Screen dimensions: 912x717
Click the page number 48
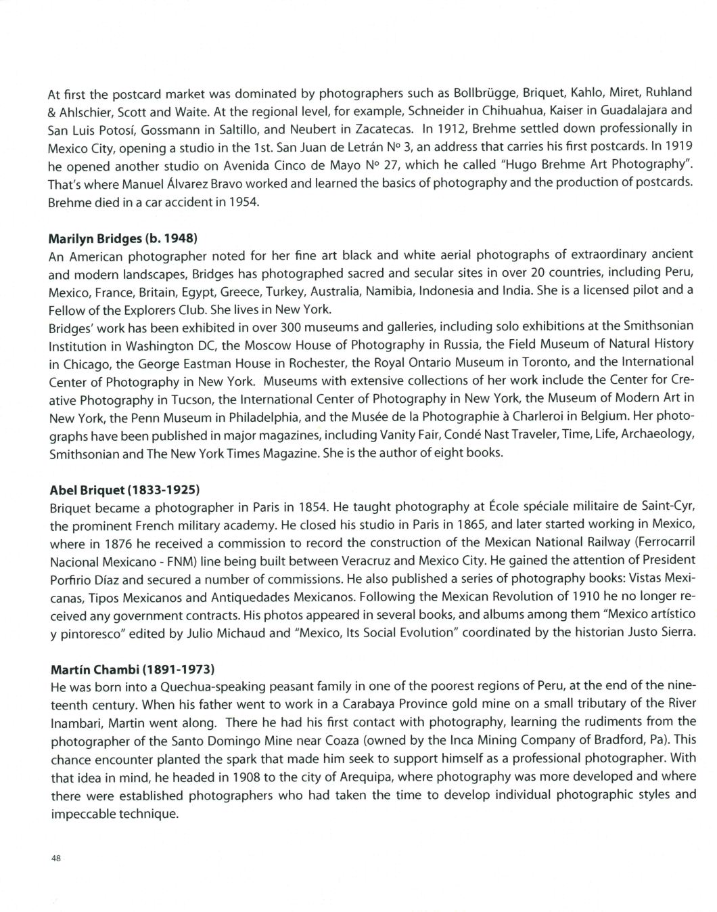click(x=55, y=859)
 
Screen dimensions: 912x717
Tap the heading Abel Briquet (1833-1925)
click(x=124, y=489)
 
